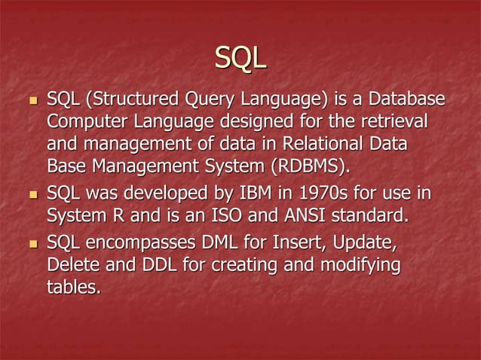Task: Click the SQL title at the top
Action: click(240, 56)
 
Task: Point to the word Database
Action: click(404, 99)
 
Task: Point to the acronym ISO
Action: click(243, 217)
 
